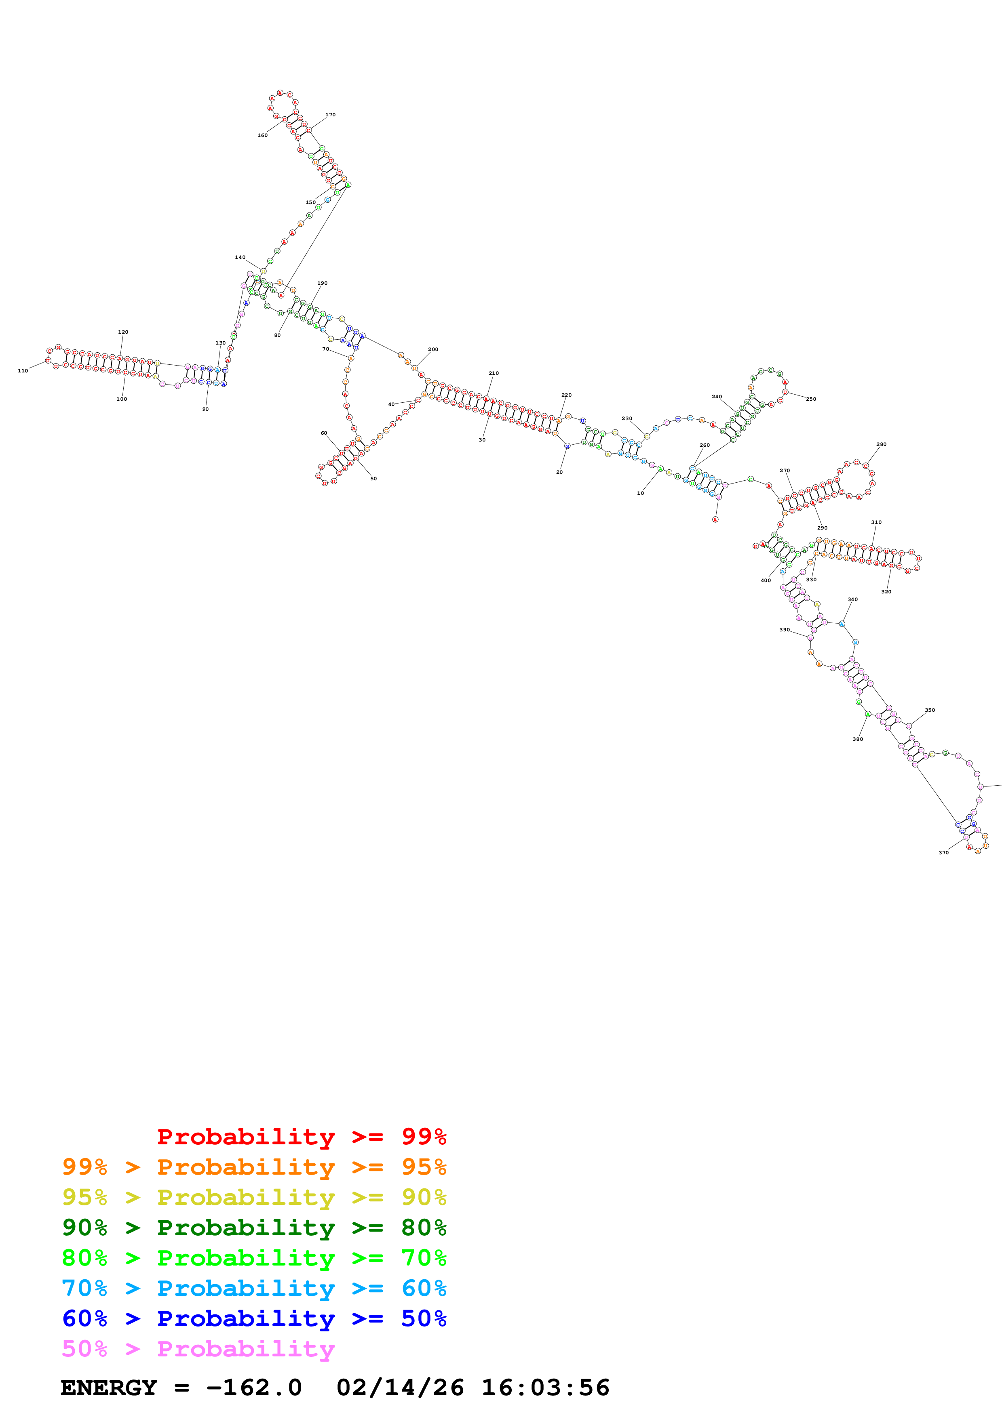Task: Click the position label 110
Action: pyautogui.click(x=23, y=371)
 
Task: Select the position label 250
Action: pyautogui.click(x=811, y=399)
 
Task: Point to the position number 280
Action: pyautogui.click(x=881, y=444)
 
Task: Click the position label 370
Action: pyautogui.click(x=943, y=853)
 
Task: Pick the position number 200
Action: pyautogui.click(x=433, y=349)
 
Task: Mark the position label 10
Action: pyautogui.click(x=640, y=493)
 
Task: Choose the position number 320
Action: pyautogui.click(x=886, y=592)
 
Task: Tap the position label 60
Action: pyautogui.click(x=323, y=433)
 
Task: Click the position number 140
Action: pyautogui.click(x=240, y=257)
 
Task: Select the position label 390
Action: pyautogui.click(x=784, y=630)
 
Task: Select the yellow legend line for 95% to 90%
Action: pyautogui.click(x=254, y=1198)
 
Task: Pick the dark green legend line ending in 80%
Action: pyautogui.click(x=254, y=1228)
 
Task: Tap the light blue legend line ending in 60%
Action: pyautogui.click(x=254, y=1289)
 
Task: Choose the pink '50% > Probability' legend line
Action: pyautogui.click(x=198, y=1349)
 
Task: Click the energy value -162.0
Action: pyautogui.click(x=254, y=1388)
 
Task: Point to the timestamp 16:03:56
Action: pyautogui.click(x=545, y=1388)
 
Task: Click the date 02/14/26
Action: pyautogui.click(x=400, y=1388)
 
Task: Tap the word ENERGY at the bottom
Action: pyautogui.click(x=109, y=1388)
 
